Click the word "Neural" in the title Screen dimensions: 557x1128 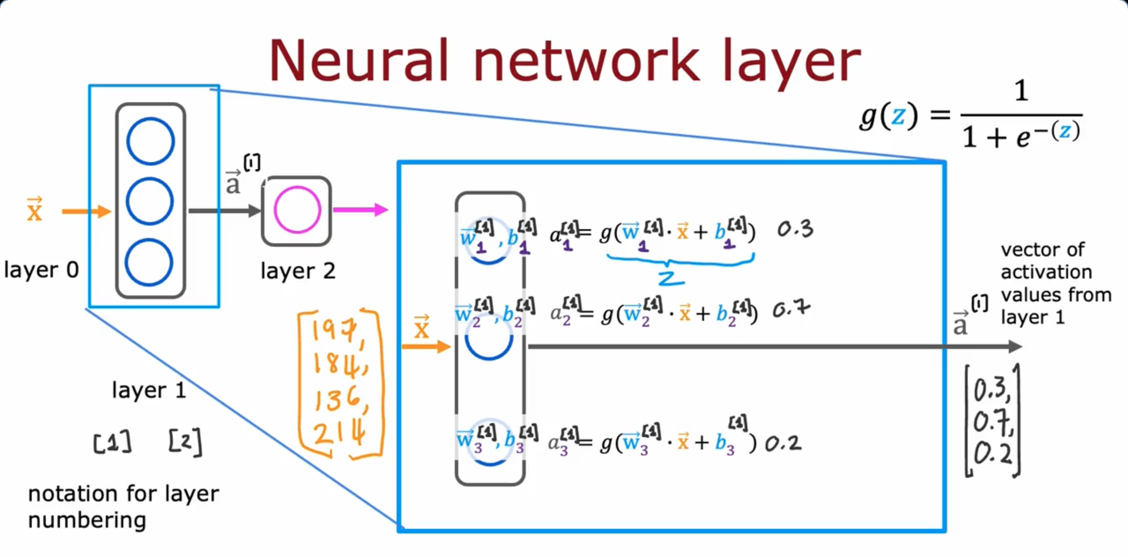[x=359, y=61]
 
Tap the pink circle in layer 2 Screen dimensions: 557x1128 [x=297, y=210]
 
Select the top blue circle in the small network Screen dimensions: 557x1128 [x=150, y=141]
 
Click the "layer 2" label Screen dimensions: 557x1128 [x=298, y=271]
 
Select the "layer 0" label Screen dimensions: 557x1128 [x=41, y=270]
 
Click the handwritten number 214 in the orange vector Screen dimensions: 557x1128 [x=339, y=435]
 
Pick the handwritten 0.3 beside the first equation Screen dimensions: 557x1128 [x=795, y=229]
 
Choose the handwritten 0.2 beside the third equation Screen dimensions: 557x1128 [x=783, y=443]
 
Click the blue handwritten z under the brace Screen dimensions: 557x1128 [x=670, y=278]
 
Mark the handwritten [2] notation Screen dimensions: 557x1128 [x=185, y=441]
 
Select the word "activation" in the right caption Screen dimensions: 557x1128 [x=1046, y=272]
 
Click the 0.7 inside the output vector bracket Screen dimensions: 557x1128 [x=992, y=421]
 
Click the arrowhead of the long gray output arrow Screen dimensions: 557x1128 [x=1015, y=347]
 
